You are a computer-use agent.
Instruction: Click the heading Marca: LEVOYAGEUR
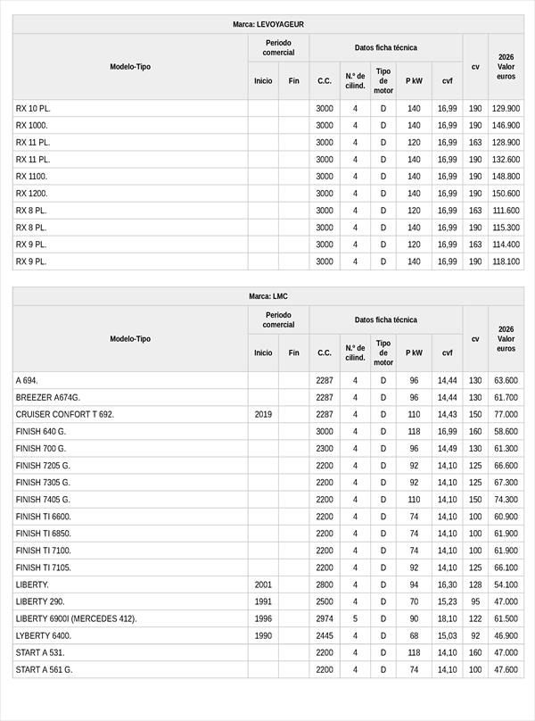(x=267, y=24)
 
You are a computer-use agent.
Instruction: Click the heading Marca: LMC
(x=267, y=296)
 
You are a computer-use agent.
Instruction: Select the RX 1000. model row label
(x=32, y=125)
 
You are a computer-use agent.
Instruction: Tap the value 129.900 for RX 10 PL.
(x=506, y=108)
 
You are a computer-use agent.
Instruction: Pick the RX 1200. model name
(x=32, y=193)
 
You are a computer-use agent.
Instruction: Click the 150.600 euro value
(x=506, y=193)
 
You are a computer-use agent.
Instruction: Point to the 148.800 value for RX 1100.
(x=506, y=176)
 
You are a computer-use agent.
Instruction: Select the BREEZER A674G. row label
(x=48, y=397)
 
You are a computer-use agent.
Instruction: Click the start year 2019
(x=263, y=414)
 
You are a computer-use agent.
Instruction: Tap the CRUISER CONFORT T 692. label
(x=65, y=414)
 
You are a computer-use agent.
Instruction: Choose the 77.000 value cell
(x=506, y=414)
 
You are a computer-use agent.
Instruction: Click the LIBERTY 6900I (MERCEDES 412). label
(x=77, y=618)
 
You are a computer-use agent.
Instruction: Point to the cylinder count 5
(x=355, y=618)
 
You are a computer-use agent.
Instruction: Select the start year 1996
(x=263, y=618)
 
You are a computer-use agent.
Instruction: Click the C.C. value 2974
(x=325, y=618)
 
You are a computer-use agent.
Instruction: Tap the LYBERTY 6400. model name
(x=44, y=635)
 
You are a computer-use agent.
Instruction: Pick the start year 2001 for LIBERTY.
(x=263, y=584)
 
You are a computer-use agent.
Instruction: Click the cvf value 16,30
(x=447, y=584)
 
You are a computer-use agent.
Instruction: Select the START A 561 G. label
(x=45, y=669)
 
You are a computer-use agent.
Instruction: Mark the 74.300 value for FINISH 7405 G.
(x=506, y=500)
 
